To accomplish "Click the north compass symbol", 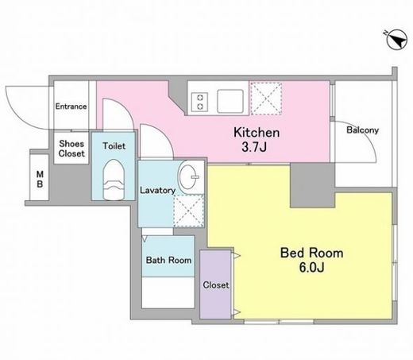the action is coord(396,40).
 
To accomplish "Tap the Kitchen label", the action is coord(257,133).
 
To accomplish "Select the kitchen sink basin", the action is coord(230,101).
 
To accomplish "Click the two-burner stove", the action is coord(199,102).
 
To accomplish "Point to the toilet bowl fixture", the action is coord(114,180).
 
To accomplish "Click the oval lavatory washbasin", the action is coord(188,176).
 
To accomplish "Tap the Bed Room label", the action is coord(311,253).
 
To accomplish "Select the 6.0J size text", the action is coord(311,268).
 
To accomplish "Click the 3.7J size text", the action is coord(253,147).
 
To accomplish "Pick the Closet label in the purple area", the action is coord(216,285).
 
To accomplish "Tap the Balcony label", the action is coord(362,130).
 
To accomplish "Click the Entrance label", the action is coord(71,106).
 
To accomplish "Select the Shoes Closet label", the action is coord(71,149).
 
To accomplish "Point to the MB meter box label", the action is coord(40,179).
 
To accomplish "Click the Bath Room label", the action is coord(168,260).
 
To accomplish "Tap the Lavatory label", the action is coord(157,190).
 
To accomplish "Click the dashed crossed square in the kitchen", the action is coord(266,99).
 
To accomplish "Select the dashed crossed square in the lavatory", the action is coord(188,211).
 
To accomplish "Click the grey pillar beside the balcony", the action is coord(312,185).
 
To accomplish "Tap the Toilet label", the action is coord(114,146).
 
